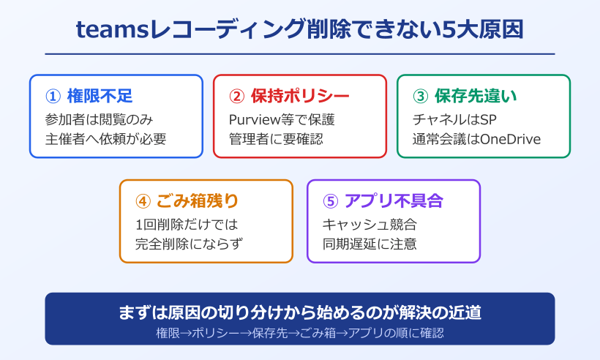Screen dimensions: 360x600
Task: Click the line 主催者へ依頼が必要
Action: tap(105, 138)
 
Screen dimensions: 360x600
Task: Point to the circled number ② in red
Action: tap(236, 97)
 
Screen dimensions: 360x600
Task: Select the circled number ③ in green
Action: tap(420, 97)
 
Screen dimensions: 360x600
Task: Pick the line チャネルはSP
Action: tap(449, 119)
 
